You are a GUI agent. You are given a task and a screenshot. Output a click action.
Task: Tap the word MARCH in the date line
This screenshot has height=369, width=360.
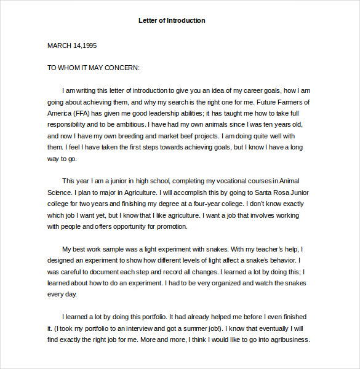point(59,46)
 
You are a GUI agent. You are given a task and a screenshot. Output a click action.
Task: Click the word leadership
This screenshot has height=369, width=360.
point(155,113)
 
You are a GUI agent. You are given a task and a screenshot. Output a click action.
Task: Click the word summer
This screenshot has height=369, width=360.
point(206,328)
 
